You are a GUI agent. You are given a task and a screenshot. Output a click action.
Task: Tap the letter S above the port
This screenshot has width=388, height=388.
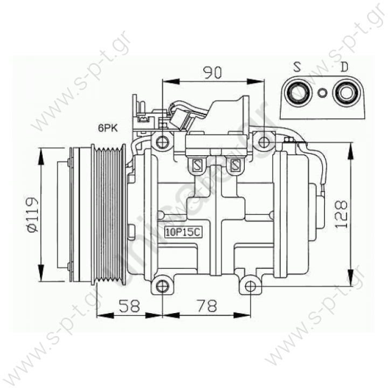point(297,68)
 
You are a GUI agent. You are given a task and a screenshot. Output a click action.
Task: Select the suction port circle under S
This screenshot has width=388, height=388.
point(297,93)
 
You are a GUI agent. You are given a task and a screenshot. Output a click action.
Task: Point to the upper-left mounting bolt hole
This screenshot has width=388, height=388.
point(163,142)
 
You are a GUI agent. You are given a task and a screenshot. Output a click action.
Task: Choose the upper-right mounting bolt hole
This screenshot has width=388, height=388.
point(264,142)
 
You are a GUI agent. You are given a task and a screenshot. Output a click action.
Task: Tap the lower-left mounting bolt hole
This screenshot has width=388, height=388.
point(161,285)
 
